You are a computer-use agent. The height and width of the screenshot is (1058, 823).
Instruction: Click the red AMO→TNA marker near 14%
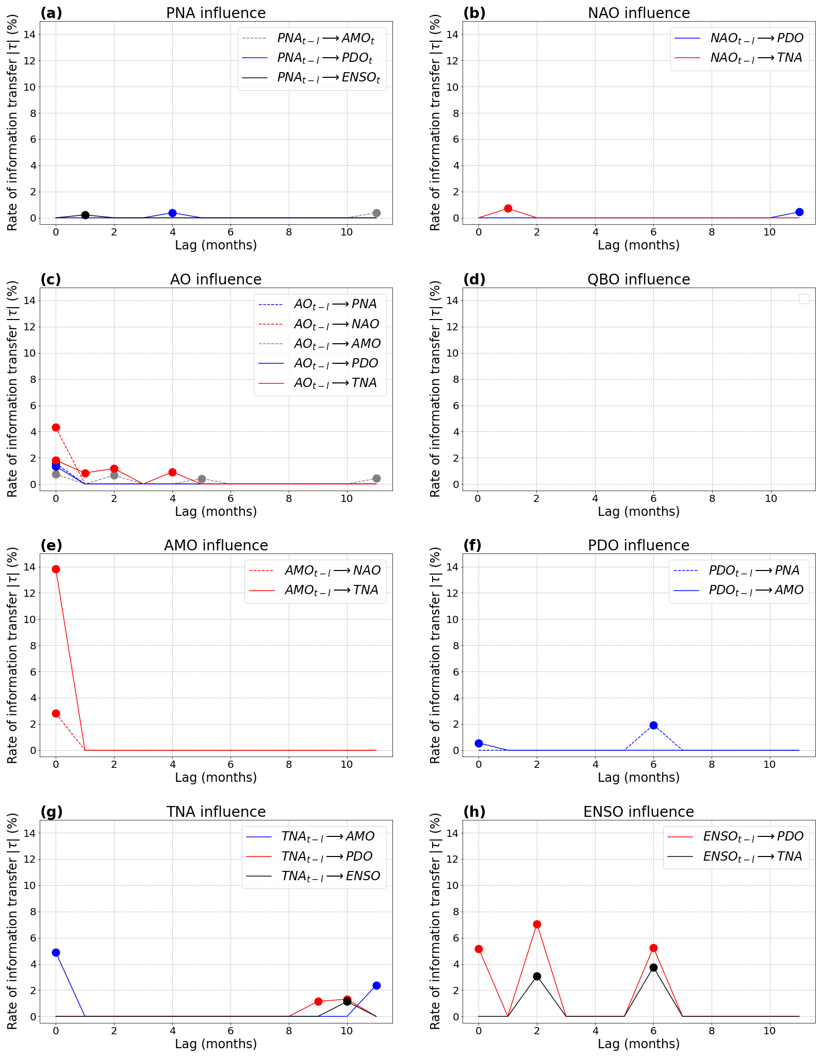56,569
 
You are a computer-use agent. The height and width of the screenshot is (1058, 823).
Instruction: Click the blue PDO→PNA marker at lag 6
653,725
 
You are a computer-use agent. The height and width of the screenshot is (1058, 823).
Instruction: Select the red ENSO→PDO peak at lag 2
537,924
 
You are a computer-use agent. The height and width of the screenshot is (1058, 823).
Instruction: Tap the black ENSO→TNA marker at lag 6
653,967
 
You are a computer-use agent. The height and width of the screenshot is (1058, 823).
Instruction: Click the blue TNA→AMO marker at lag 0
56,952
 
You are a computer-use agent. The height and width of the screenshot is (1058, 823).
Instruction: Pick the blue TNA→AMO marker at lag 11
376,985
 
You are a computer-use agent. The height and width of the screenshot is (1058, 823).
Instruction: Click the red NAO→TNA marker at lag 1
508,208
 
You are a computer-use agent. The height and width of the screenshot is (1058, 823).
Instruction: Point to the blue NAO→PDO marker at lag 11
799,212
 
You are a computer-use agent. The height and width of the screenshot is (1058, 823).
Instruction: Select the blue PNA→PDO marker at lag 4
172,213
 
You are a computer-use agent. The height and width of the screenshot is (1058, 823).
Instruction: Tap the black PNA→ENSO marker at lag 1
85,215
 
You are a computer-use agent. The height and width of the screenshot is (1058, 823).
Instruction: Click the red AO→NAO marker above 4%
56,427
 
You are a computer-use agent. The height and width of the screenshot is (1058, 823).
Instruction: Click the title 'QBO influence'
638,279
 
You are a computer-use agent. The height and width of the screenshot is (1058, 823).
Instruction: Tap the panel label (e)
51,545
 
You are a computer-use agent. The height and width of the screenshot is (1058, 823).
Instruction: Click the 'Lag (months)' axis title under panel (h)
638,1044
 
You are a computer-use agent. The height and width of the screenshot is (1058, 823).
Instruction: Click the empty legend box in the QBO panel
803,299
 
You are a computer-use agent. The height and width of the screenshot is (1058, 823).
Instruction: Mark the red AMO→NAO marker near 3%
56,713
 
